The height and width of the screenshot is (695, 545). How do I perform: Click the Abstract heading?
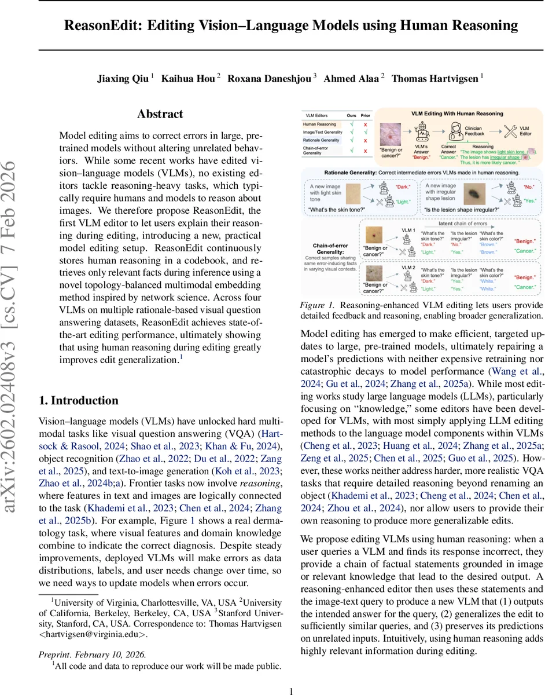click(160, 114)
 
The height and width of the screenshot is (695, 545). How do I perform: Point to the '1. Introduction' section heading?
click(78, 400)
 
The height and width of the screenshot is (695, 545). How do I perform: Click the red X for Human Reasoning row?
click(364, 124)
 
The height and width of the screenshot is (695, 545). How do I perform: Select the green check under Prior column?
click(364, 133)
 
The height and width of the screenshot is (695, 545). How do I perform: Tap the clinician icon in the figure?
click(458, 130)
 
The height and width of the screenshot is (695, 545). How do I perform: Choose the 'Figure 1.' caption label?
click(316, 305)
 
